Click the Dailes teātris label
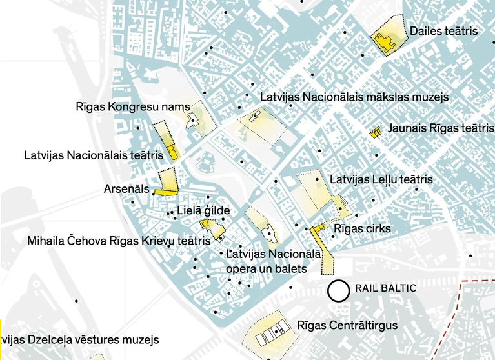pyautogui.click(x=443, y=30)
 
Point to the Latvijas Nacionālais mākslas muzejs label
pyautogui.click(x=354, y=97)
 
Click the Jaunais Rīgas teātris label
pyautogui.click(x=440, y=128)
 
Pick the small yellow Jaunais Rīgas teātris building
pyautogui.click(x=375, y=132)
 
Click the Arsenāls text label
pyautogui.click(x=126, y=190)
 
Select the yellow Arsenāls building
pyautogui.click(x=166, y=191)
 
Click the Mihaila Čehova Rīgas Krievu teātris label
pyautogui.click(x=119, y=241)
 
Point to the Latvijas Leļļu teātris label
pyautogui.click(x=381, y=179)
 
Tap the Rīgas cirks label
pyautogui.click(x=362, y=229)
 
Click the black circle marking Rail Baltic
pyautogui.click(x=338, y=291)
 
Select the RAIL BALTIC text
pyautogui.click(x=386, y=288)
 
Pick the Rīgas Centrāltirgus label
pyautogui.click(x=347, y=325)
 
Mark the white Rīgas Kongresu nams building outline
pyautogui.click(x=192, y=121)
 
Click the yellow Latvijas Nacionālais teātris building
pyautogui.click(x=172, y=152)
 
